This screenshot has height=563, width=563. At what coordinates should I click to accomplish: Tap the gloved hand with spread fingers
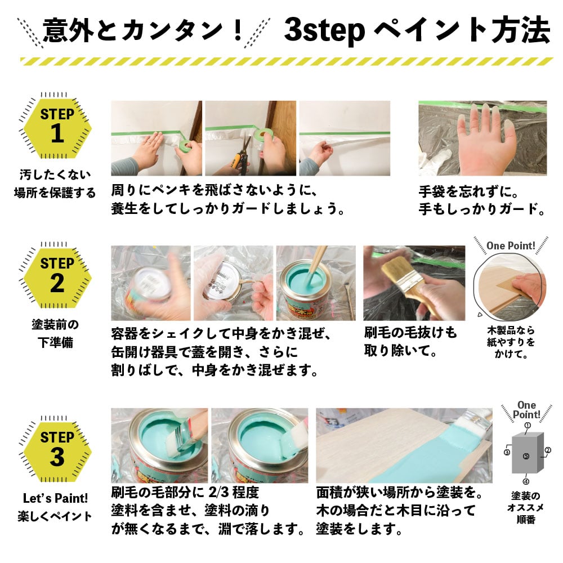click(484, 138)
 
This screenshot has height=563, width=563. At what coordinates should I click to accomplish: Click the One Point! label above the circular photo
click(511, 246)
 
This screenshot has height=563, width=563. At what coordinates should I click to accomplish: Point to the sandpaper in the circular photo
click(510, 284)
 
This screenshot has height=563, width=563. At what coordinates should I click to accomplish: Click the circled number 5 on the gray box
click(526, 457)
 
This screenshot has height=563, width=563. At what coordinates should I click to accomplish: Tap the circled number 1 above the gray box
click(528, 426)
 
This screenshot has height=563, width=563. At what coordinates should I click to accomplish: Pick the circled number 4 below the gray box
click(526, 481)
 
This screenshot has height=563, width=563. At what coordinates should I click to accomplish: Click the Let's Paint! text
click(55, 498)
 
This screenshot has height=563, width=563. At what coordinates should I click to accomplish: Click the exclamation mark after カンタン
click(238, 30)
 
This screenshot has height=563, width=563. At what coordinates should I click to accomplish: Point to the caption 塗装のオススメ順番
click(526, 508)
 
